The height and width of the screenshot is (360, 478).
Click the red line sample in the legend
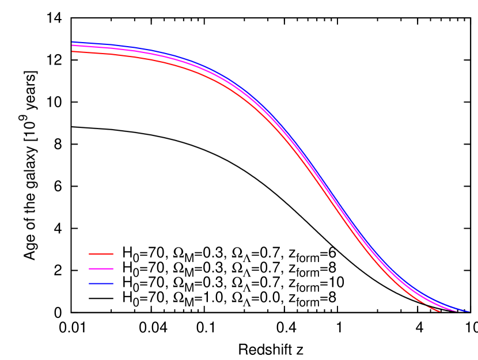[x=101, y=254]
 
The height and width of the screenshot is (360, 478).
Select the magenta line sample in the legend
[x=101, y=268]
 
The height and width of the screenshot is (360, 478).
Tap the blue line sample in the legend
[x=101, y=283]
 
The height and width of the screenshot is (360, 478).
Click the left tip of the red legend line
[x=89, y=254]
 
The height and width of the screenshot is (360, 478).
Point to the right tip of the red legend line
[x=113, y=254]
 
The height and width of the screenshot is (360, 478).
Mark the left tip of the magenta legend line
[x=89, y=268]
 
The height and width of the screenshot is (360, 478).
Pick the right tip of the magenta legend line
[x=113, y=268]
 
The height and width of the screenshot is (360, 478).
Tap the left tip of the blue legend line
[x=89, y=283]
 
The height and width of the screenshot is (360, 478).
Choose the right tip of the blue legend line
[x=113, y=283]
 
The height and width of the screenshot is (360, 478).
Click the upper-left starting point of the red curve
[x=73, y=52]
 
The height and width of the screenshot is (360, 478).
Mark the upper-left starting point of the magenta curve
[x=73, y=46]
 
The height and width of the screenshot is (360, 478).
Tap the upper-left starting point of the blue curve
[x=73, y=42]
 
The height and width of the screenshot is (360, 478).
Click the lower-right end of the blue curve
[x=469, y=312]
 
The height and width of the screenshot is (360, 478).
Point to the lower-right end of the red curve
[x=440, y=312]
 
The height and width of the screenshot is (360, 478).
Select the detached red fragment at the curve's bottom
[x=434, y=309]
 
